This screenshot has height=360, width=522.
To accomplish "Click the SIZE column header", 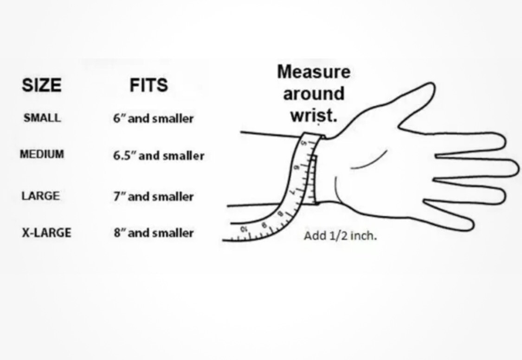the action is tap(42, 85).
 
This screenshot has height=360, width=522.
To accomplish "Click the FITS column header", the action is tap(148, 85).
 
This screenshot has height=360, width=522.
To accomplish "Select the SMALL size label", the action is tap(42, 118).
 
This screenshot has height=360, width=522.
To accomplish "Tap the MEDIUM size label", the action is tap(42, 154).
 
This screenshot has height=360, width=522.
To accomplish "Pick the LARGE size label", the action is tap(41, 196).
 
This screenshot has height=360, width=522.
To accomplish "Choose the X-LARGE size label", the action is tap(46, 232).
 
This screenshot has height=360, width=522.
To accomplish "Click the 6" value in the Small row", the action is tap(119, 118).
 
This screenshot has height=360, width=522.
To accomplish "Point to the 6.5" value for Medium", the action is tap(124, 155).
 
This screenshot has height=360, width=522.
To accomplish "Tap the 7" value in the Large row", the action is tap(119, 196).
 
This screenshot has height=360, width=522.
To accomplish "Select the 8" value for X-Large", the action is tap(119, 232).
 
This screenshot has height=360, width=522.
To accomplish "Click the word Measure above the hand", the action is tap(314, 72).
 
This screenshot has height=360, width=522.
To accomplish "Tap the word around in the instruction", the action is tap(314, 94).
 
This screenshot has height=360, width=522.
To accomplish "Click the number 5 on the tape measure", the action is tap(303, 143).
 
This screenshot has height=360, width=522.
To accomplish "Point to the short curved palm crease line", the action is tap(369, 161).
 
